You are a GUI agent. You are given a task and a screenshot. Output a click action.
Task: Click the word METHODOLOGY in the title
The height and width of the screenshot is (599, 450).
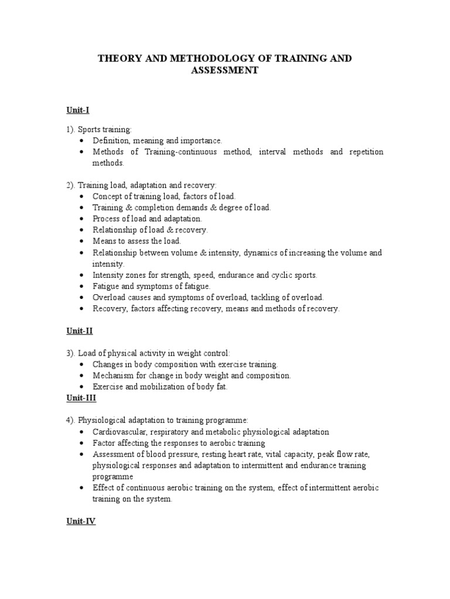click(x=188, y=59)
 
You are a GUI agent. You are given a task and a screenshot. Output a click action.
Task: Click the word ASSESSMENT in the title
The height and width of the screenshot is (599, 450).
click(x=224, y=71)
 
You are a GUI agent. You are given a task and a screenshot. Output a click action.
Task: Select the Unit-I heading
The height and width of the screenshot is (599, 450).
click(x=77, y=109)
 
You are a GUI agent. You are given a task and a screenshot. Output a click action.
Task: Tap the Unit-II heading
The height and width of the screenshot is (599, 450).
click(x=79, y=331)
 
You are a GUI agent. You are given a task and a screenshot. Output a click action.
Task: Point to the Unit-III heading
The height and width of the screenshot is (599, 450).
click(x=81, y=398)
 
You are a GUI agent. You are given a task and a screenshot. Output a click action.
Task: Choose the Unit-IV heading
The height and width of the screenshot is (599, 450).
click(x=81, y=521)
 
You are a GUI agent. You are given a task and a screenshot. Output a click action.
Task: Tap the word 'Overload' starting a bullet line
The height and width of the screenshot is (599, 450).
click(x=108, y=297)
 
